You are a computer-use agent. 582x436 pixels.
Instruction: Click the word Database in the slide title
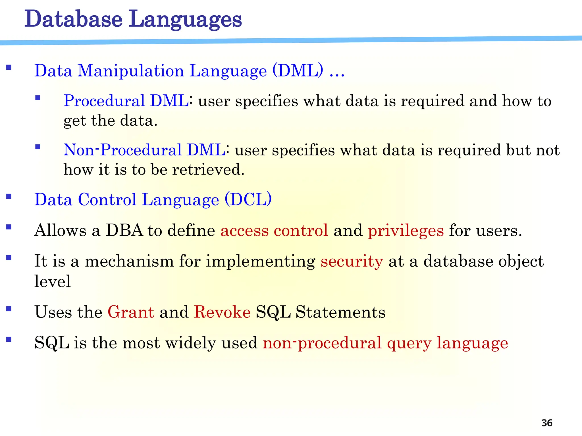73,19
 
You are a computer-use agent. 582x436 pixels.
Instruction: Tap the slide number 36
547,423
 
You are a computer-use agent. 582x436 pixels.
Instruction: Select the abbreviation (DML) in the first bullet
298,70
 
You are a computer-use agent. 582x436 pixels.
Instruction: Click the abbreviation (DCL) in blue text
248,199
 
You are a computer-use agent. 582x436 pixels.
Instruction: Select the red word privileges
406,230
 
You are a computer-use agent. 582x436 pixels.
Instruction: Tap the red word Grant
131,312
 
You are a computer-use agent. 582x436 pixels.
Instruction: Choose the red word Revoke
222,312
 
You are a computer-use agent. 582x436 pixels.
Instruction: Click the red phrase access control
274,230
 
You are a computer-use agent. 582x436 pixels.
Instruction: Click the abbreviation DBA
124,230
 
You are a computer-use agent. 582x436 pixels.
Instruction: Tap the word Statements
340,312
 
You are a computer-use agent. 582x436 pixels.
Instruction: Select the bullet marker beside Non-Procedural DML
38,147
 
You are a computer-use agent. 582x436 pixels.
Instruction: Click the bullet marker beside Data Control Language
9,196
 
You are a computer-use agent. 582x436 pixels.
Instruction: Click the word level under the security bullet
52,281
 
